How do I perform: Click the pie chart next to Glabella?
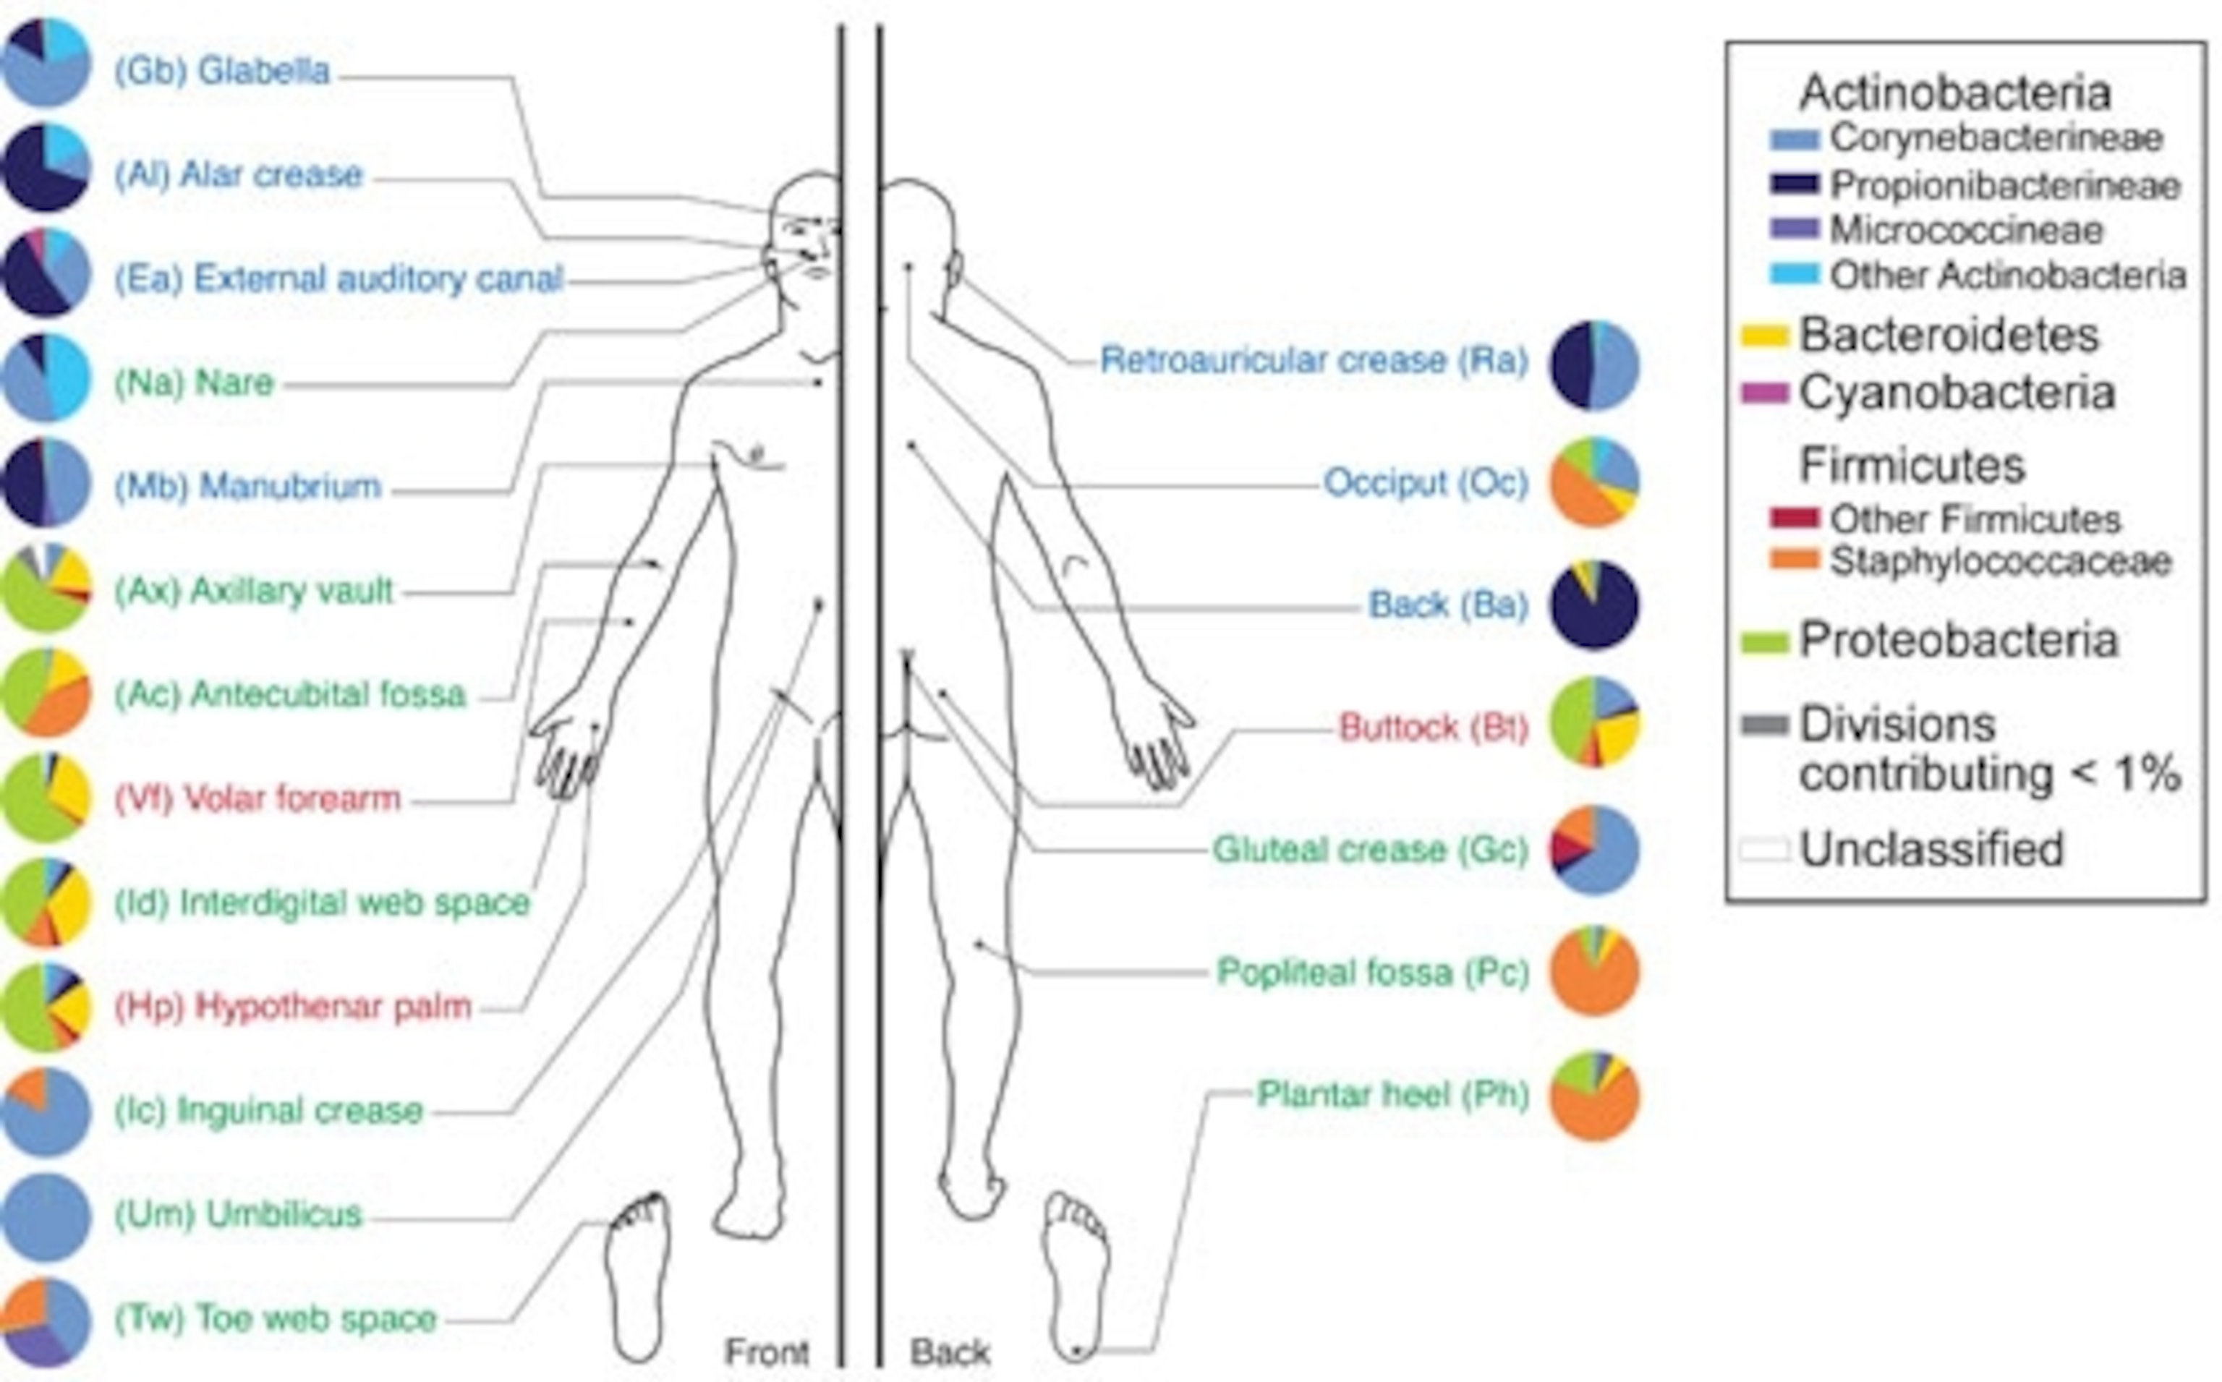coord(46,63)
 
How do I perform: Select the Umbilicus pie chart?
coord(46,1216)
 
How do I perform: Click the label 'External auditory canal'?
coord(339,278)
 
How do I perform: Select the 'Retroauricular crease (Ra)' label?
coord(1314,360)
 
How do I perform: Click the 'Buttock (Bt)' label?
coord(1433,728)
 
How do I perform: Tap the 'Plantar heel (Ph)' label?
coord(1393,1094)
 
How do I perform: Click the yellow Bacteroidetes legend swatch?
coord(1764,336)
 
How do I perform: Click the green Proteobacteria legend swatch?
coord(1764,641)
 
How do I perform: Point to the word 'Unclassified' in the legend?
coord(1931,849)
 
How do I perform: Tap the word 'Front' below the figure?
coord(767,1352)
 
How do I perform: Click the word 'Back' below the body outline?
coord(950,1352)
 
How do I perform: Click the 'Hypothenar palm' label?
coord(292,1007)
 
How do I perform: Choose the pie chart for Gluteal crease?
coord(1594,850)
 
